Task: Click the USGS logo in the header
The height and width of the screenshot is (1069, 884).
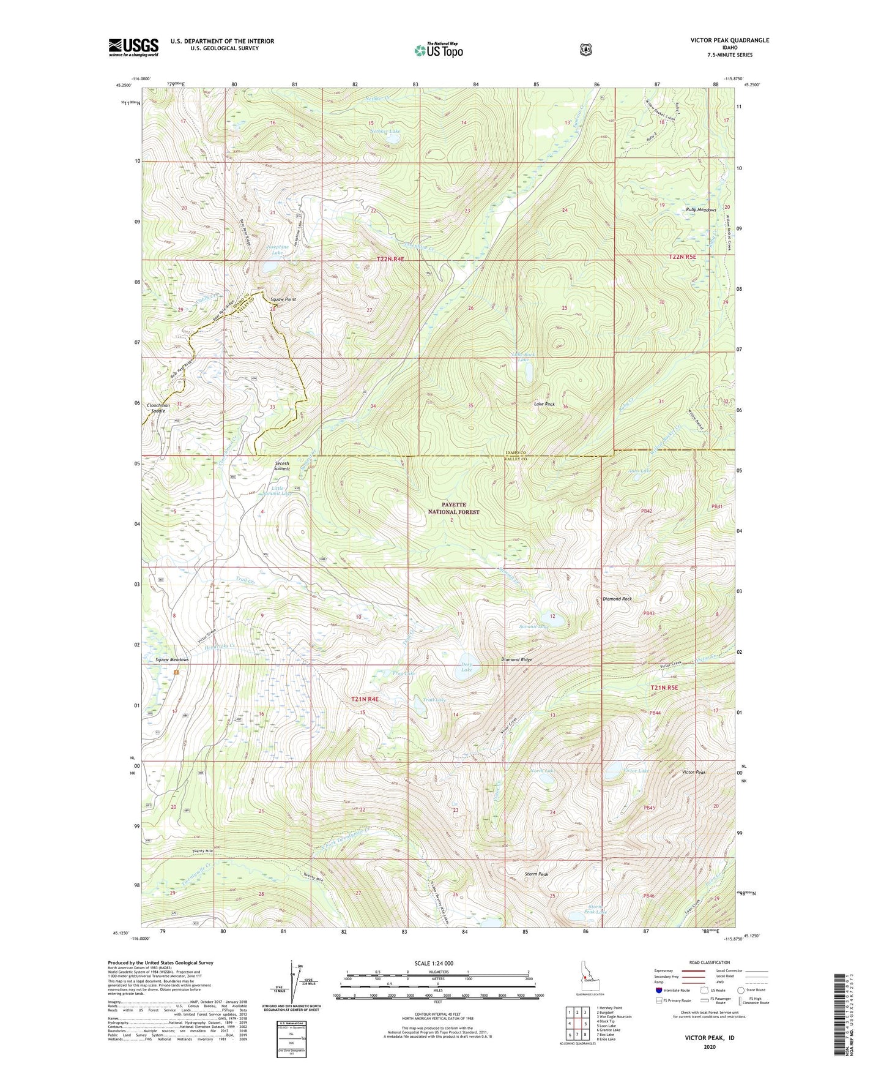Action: pyautogui.click(x=133, y=47)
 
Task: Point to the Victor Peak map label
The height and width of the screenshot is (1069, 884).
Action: pyautogui.click(x=694, y=773)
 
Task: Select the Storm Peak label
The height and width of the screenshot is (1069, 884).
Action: pyautogui.click(x=537, y=874)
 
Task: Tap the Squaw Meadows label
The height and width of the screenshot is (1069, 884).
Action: pyautogui.click(x=172, y=660)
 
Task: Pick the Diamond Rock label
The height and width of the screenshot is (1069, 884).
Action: pyautogui.click(x=617, y=599)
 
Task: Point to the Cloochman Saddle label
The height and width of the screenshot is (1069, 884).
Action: pyautogui.click(x=158, y=408)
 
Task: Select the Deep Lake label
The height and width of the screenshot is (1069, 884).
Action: pyautogui.click(x=467, y=667)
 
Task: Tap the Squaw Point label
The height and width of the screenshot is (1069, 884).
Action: pyautogui.click(x=283, y=299)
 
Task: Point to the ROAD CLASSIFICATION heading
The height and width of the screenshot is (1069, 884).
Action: pyautogui.click(x=710, y=962)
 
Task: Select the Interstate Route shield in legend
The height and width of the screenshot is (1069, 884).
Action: pyautogui.click(x=658, y=990)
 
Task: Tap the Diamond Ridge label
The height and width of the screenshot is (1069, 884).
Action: pyautogui.click(x=516, y=660)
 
